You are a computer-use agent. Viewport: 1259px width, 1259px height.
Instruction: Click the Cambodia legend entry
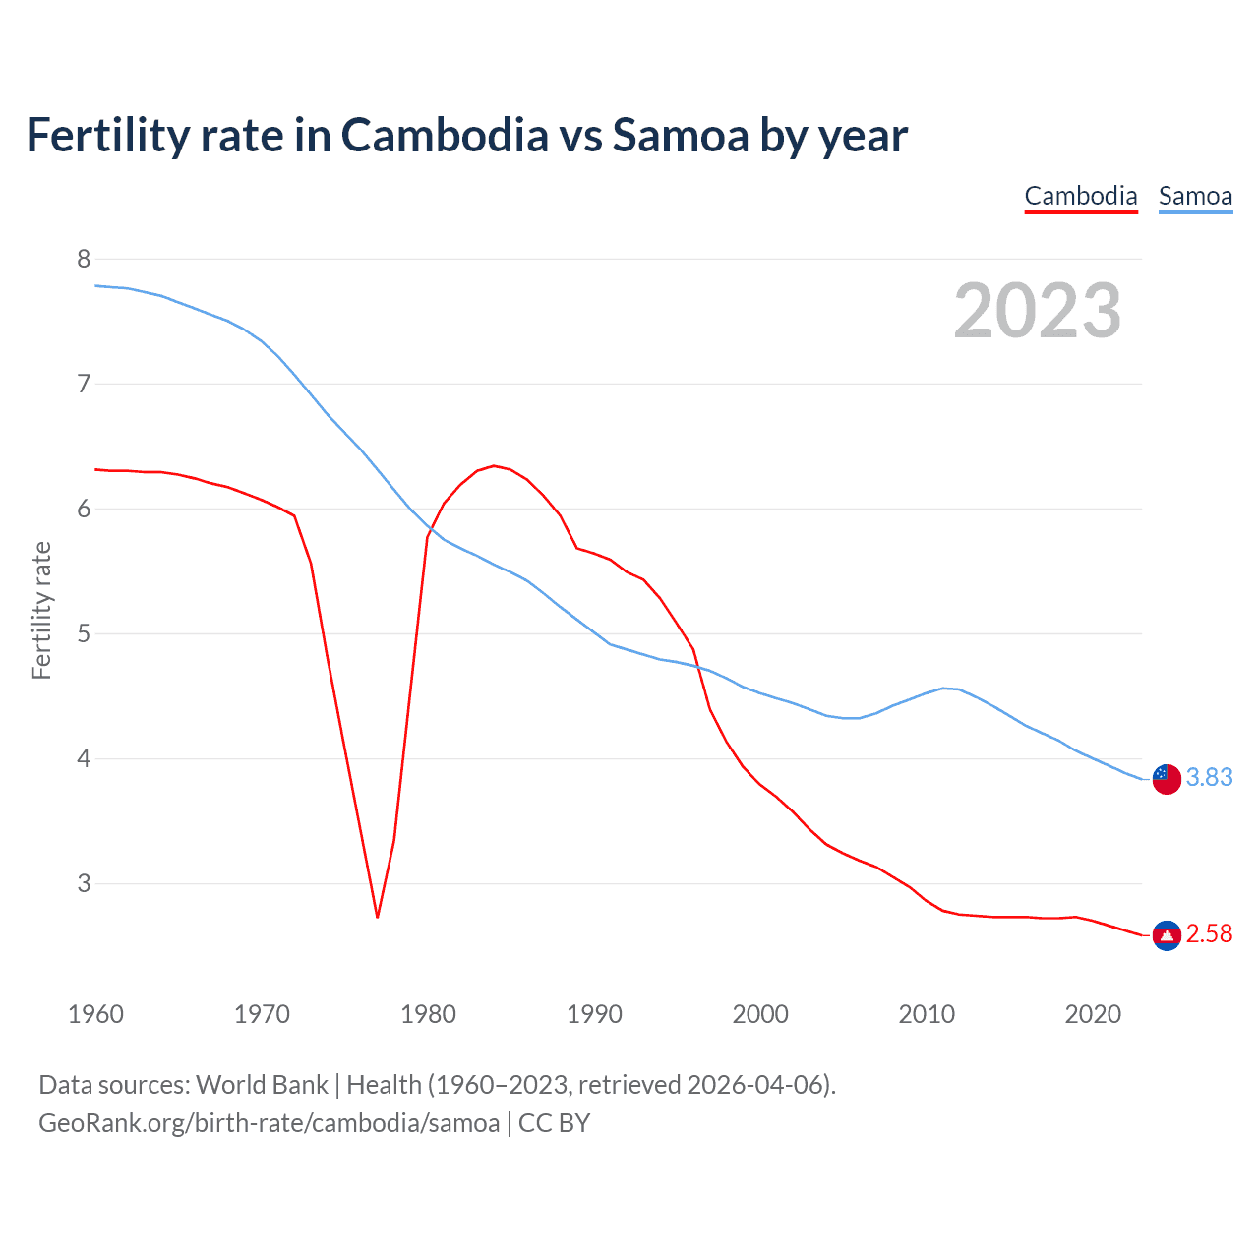pyautogui.click(x=1080, y=196)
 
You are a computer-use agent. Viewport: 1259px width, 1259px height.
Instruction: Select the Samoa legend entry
pyautogui.click(x=1195, y=196)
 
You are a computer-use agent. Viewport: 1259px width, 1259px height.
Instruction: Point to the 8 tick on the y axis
pyautogui.click(x=84, y=259)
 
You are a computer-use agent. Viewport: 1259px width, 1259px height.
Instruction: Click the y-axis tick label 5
pyautogui.click(x=84, y=633)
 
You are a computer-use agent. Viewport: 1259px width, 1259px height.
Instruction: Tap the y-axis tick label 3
pyautogui.click(x=84, y=883)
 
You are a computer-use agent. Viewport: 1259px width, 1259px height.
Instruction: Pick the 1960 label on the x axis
pyautogui.click(x=95, y=1014)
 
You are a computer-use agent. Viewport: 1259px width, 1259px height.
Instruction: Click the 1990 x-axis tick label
pyautogui.click(x=594, y=1014)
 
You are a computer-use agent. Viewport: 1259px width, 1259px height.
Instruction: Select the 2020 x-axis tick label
pyautogui.click(x=1093, y=1014)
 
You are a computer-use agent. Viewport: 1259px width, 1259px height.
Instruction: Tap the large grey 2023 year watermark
pyautogui.click(x=1037, y=311)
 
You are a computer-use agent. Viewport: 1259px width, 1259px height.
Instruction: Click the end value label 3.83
pyautogui.click(x=1209, y=777)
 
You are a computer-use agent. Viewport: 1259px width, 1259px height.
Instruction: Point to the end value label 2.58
pyautogui.click(x=1209, y=933)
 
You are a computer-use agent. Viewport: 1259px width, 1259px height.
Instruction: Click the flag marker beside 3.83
pyautogui.click(x=1167, y=778)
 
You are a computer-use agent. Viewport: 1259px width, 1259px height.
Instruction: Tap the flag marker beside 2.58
pyautogui.click(x=1167, y=934)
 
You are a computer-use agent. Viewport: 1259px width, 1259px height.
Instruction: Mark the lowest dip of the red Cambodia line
pyautogui.click(x=377, y=917)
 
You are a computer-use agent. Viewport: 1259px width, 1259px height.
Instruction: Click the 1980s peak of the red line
pyautogui.click(x=493, y=465)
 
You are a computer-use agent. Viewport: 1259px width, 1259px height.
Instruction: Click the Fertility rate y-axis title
pyautogui.click(x=41, y=610)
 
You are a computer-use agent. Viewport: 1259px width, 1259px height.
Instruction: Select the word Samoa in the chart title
pyautogui.click(x=681, y=135)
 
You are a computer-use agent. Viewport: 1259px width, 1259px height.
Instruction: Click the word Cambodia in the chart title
pyautogui.click(x=445, y=135)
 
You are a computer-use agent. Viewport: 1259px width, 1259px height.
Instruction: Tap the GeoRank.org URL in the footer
pyautogui.click(x=269, y=1123)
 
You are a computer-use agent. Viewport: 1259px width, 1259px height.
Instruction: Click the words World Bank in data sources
pyautogui.click(x=262, y=1085)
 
